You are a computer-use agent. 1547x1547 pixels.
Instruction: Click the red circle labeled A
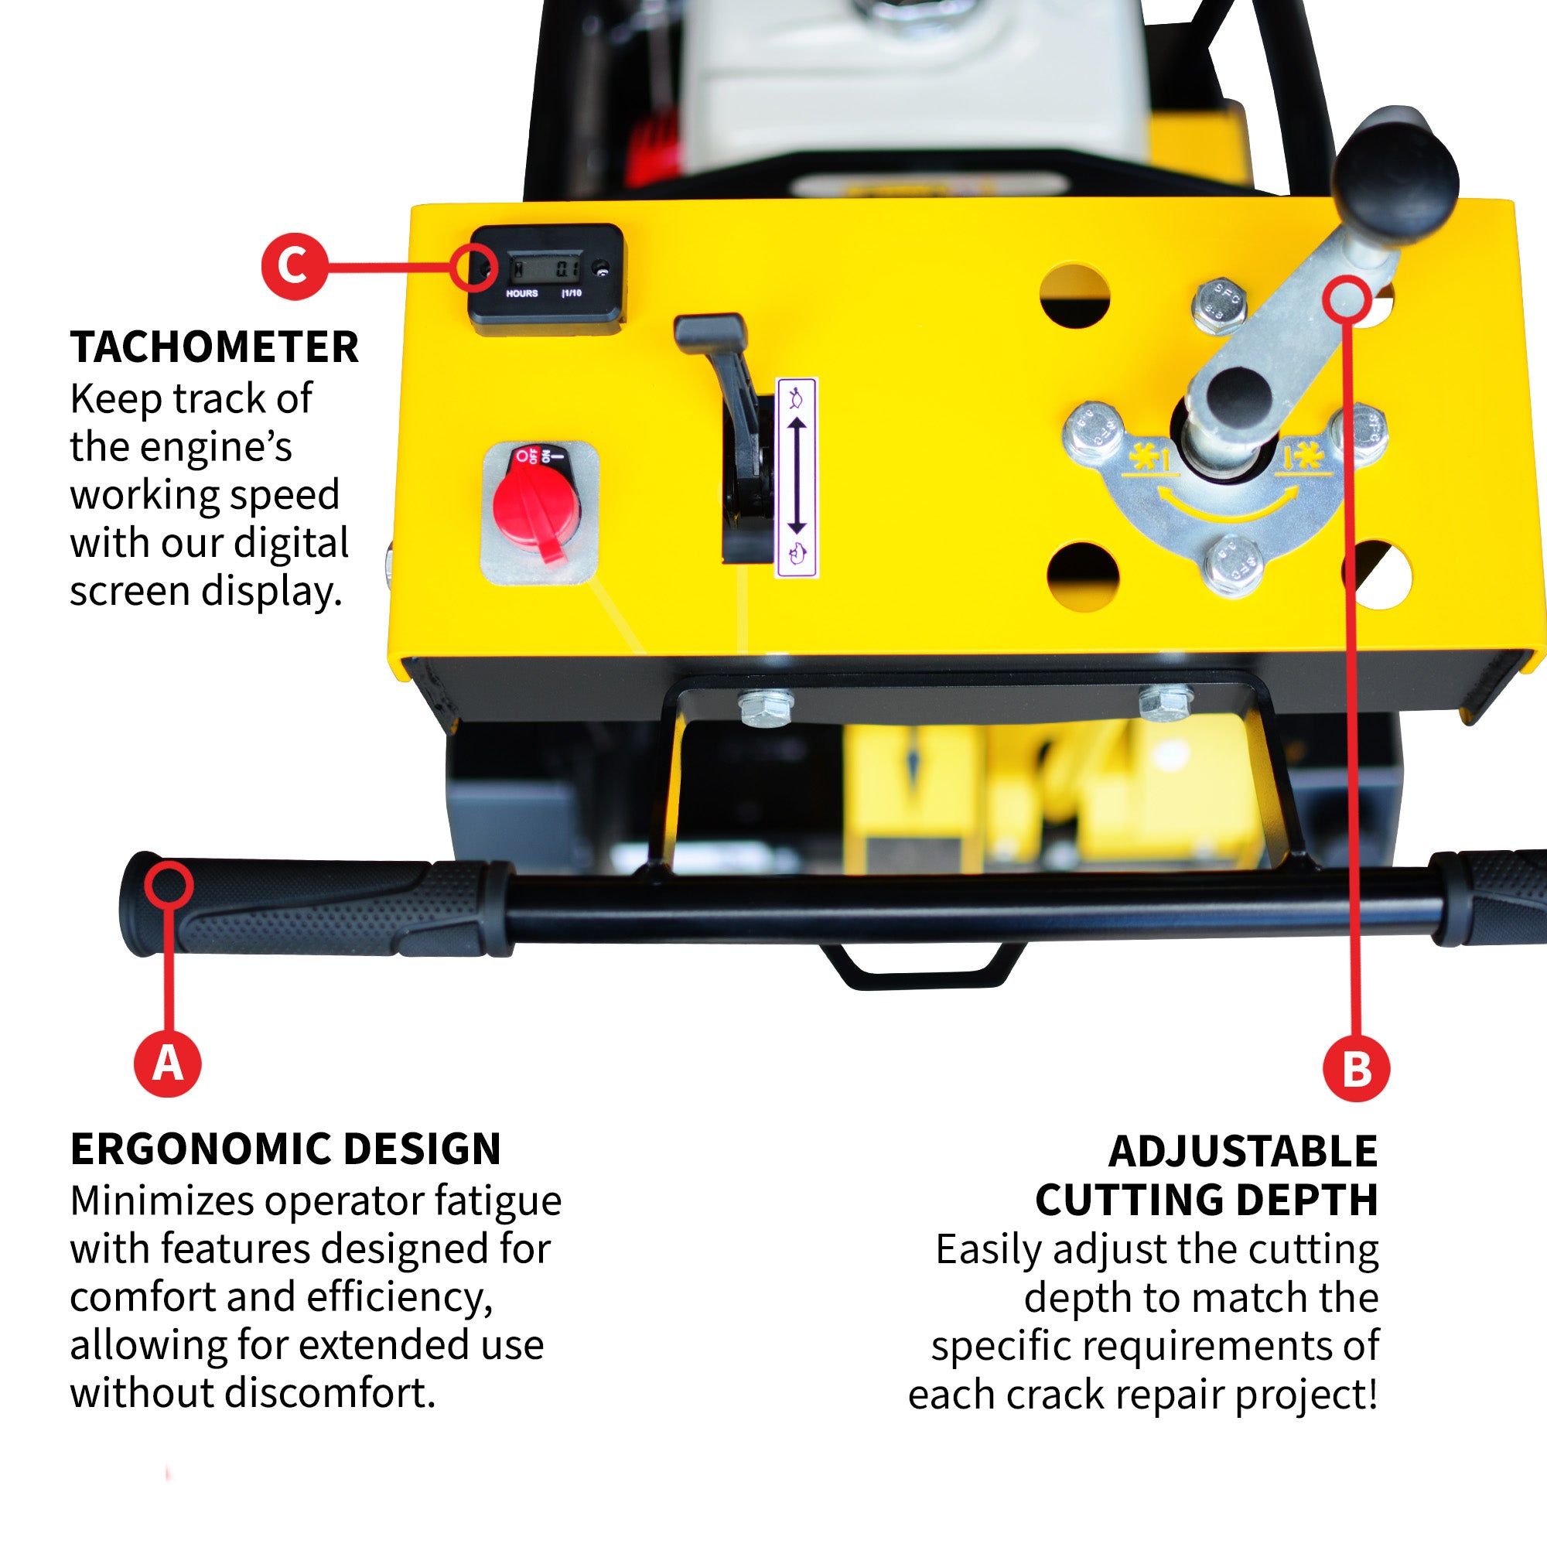(167, 1064)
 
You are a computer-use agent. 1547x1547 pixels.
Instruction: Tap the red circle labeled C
(294, 266)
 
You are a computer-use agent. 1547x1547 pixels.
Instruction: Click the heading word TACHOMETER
(213, 347)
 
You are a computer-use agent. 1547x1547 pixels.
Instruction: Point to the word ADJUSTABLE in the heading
(1243, 1152)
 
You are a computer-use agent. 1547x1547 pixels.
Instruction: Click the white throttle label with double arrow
(797, 477)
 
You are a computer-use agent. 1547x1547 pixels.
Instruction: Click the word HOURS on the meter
(521, 294)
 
